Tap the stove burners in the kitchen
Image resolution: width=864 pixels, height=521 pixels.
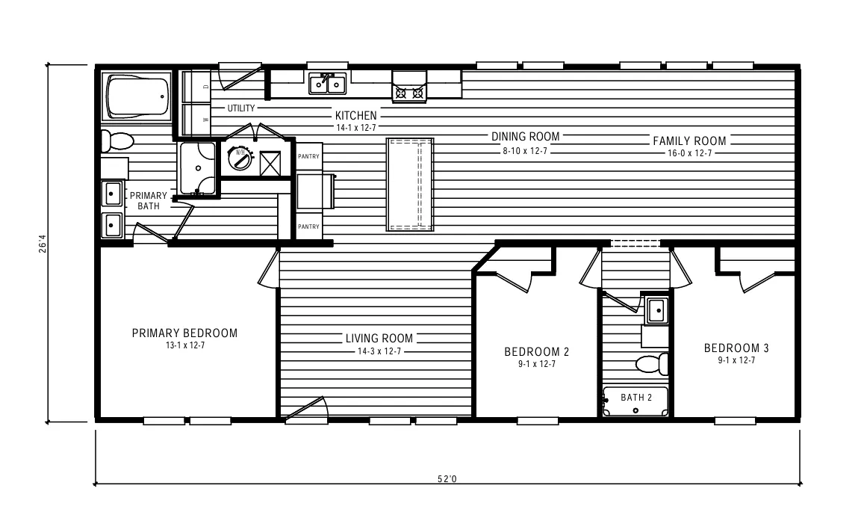pyautogui.click(x=409, y=93)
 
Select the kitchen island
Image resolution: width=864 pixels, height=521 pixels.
pyautogui.click(x=409, y=184)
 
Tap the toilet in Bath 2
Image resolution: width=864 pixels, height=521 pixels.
pyautogui.click(x=653, y=365)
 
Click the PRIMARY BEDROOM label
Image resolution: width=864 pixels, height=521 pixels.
pyautogui.click(x=184, y=333)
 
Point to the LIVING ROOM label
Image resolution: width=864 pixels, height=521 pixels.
pyautogui.click(x=379, y=339)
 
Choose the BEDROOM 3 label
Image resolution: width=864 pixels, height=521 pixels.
pyautogui.click(x=736, y=348)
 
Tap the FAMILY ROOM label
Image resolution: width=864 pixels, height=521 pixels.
pyautogui.click(x=689, y=141)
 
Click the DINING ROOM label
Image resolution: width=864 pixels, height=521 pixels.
pyautogui.click(x=525, y=137)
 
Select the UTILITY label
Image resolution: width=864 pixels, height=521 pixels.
pyautogui.click(x=241, y=108)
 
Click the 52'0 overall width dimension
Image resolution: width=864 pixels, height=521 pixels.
pyautogui.click(x=447, y=479)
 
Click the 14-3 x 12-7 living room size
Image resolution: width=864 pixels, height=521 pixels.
pyautogui.click(x=379, y=351)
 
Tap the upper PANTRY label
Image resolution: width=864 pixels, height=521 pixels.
pyautogui.click(x=308, y=156)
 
